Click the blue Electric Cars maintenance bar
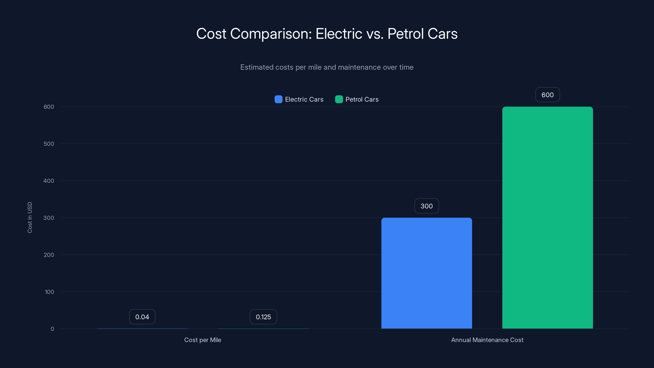427,273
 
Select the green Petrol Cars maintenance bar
547,218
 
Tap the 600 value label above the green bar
547,95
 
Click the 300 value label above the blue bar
427,206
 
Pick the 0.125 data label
263,317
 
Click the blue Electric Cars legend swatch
278,99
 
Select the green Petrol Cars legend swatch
339,99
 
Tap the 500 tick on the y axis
49,144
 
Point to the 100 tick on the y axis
49,292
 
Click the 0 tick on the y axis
52,329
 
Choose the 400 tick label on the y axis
49,181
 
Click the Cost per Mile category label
203,340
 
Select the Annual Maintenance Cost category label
487,340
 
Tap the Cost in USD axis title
30,217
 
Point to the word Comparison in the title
271,34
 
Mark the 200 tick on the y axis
49,255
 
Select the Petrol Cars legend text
362,99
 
